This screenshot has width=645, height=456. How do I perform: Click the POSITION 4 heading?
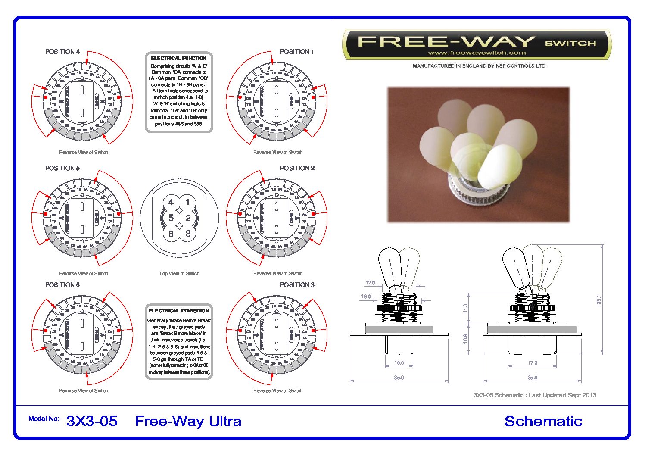pyautogui.click(x=62, y=52)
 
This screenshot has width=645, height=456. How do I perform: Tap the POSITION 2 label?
pyautogui.click(x=297, y=168)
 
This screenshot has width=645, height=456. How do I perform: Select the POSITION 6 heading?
pyautogui.click(x=62, y=285)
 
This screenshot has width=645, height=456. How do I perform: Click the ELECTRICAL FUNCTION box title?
pyautogui.click(x=178, y=58)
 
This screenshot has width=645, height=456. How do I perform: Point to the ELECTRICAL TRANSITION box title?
pyautogui.click(x=179, y=311)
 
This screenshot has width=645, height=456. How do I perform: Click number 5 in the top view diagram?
pyautogui.click(x=171, y=218)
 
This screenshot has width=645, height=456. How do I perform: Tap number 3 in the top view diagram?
pyautogui.click(x=188, y=234)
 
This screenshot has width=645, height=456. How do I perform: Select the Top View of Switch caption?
pyautogui.click(x=179, y=273)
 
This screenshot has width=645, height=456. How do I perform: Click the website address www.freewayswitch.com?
pyautogui.click(x=477, y=53)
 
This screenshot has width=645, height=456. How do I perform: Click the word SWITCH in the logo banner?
pyautogui.click(x=570, y=43)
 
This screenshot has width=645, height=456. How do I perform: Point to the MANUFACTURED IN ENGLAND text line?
pyautogui.click(x=478, y=66)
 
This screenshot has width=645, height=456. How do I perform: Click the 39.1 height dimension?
pyautogui.click(x=599, y=300)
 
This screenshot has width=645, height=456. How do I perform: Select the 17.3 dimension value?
pyautogui.click(x=533, y=363)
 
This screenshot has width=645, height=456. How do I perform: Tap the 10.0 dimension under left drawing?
pyautogui.click(x=399, y=363)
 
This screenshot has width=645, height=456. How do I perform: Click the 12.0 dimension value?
pyautogui.click(x=370, y=283)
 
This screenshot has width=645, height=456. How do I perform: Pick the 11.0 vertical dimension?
pyautogui.click(x=465, y=308)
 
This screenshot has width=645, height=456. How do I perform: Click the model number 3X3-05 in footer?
pyautogui.click(x=92, y=421)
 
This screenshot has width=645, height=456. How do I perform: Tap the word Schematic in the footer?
pyautogui.click(x=543, y=421)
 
